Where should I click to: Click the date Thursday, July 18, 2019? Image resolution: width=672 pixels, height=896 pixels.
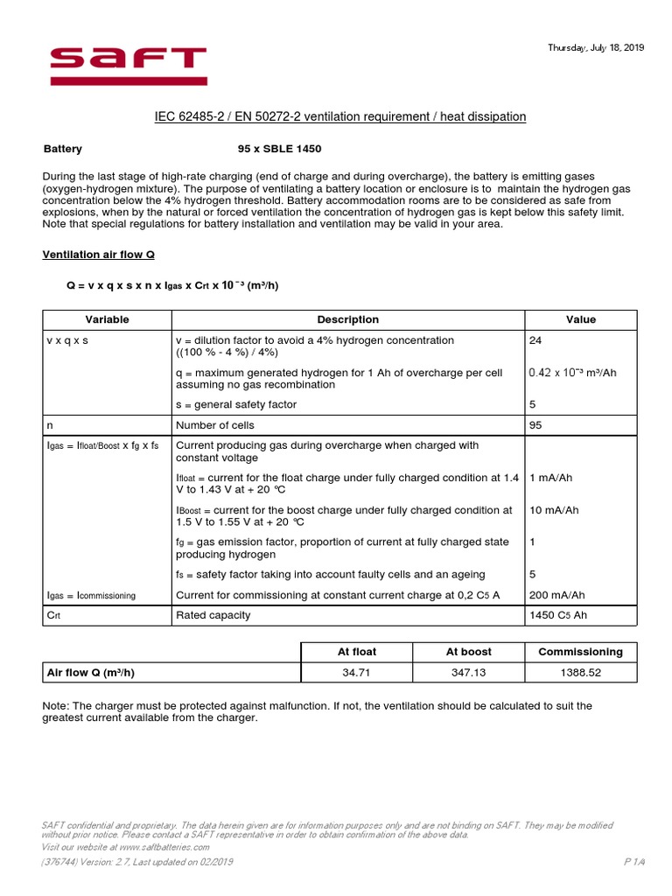coord(596,48)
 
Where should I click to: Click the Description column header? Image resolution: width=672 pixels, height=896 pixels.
coord(347,319)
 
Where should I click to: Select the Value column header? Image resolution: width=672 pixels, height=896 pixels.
coord(580,319)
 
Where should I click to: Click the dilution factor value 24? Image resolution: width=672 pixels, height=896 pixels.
coord(536,339)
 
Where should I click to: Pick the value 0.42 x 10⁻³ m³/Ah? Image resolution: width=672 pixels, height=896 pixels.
coord(573,373)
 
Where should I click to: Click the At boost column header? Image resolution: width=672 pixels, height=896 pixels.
coord(468,652)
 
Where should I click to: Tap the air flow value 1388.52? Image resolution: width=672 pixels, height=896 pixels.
coord(580,673)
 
